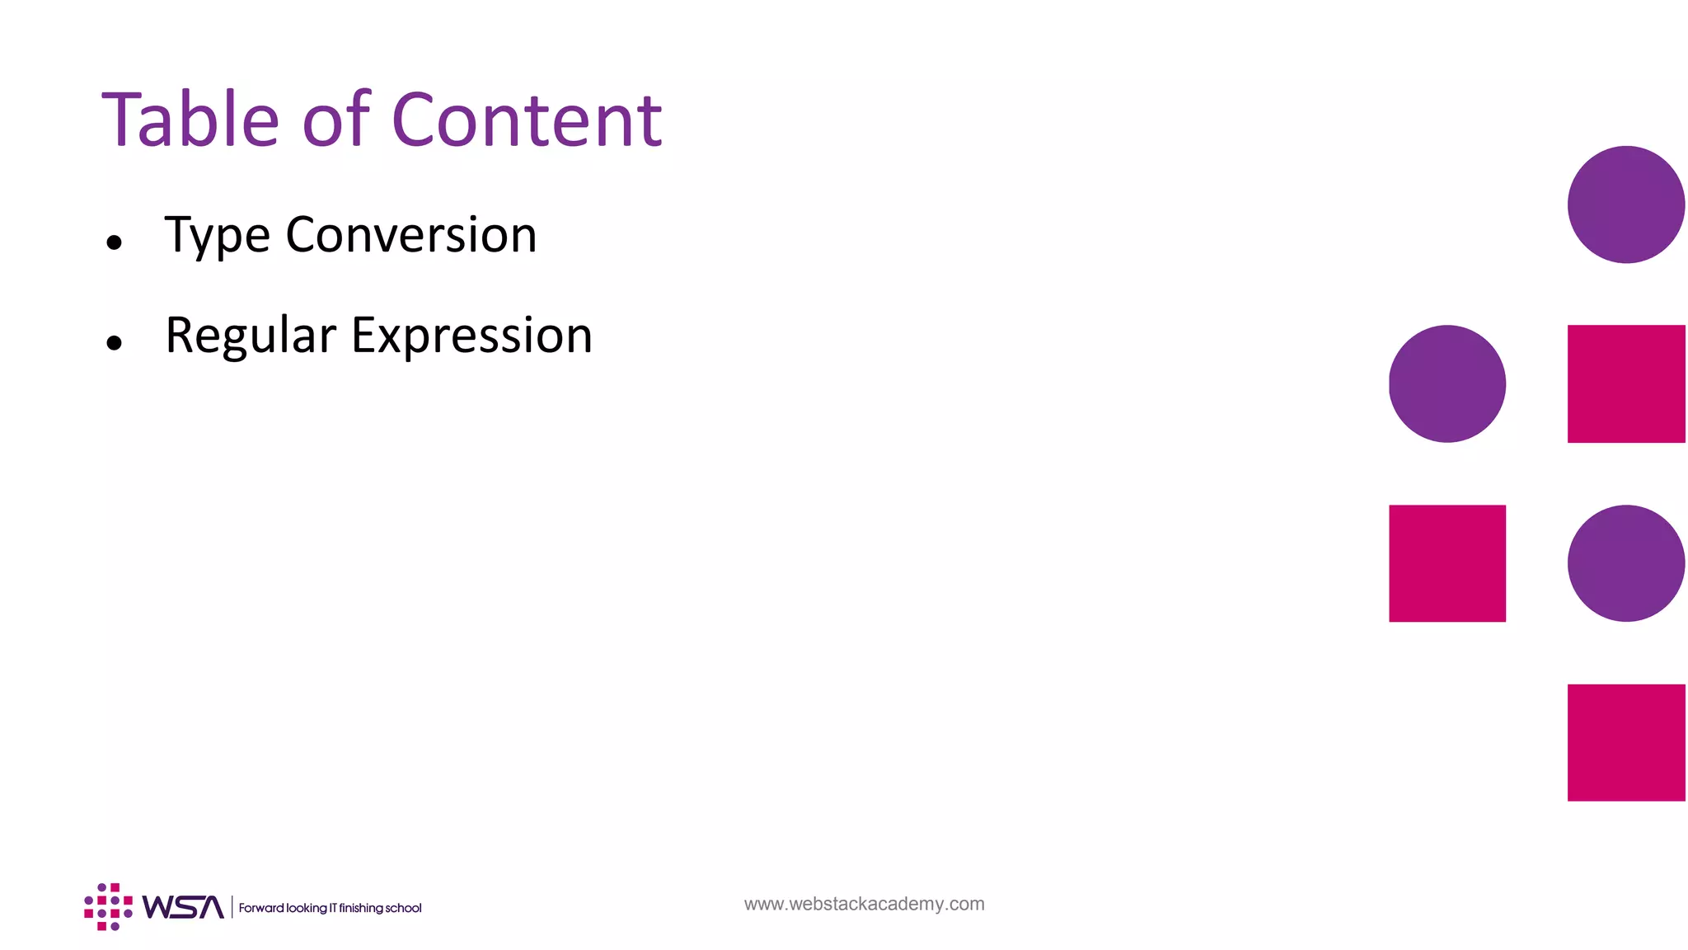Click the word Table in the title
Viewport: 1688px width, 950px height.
pyautogui.click(x=190, y=120)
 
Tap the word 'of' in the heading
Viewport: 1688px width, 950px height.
pyautogui.click(x=336, y=120)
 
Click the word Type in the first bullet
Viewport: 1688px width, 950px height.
pyautogui.click(x=217, y=236)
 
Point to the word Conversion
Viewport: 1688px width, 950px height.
pyautogui.click(x=410, y=235)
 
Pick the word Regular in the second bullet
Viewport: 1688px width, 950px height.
pyautogui.click(x=251, y=336)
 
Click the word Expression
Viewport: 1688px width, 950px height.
pyautogui.click(x=471, y=336)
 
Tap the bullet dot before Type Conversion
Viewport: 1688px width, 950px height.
pyautogui.click(x=115, y=242)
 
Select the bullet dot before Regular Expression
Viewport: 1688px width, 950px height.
pyautogui.click(x=115, y=342)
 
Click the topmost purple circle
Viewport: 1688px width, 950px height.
pyautogui.click(x=1625, y=205)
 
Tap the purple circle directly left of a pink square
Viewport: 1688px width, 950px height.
pyautogui.click(x=1447, y=383)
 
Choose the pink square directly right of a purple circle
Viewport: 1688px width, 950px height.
pyautogui.click(x=1625, y=383)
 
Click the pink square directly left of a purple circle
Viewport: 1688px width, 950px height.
pyautogui.click(x=1447, y=563)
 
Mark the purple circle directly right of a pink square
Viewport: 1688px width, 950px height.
pyautogui.click(x=1625, y=563)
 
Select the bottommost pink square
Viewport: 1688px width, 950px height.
pyautogui.click(x=1625, y=742)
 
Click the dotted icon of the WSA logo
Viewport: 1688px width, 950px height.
pyautogui.click(x=108, y=906)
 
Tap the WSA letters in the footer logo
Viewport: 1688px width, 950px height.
pyautogui.click(x=182, y=907)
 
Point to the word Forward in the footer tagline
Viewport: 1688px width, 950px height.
pyautogui.click(x=260, y=908)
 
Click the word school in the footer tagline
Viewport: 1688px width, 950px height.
pyautogui.click(x=403, y=908)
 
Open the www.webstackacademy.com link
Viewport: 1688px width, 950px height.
pyautogui.click(x=864, y=904)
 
